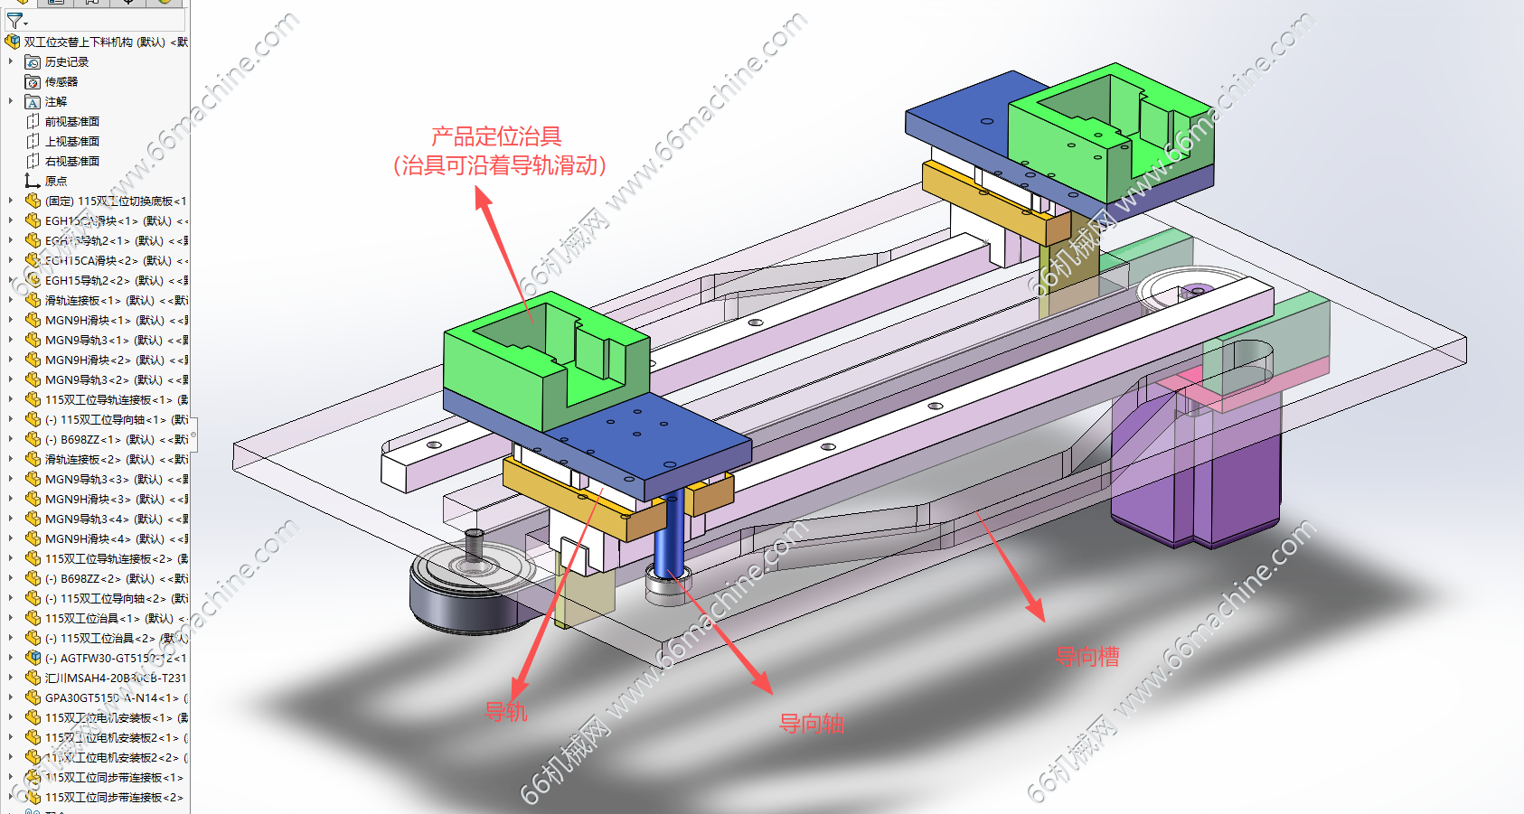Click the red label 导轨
505,712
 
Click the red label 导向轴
811,723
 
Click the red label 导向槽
1087,656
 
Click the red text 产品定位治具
496,137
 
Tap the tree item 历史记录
66,62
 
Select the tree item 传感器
61,82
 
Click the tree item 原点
55,182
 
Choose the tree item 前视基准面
71,122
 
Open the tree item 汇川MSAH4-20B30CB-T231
115,678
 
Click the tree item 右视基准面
71,162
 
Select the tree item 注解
55,102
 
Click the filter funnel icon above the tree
15,20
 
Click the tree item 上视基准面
71,142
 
